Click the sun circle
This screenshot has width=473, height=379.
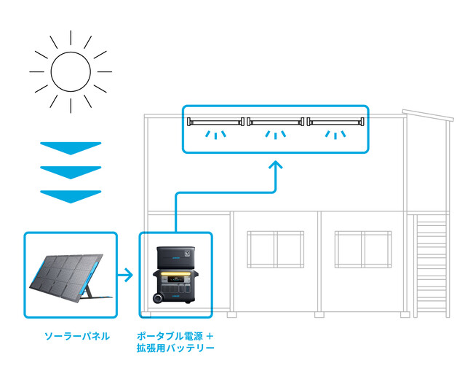coord(71,71)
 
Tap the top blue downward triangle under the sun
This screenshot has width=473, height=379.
coord(71,147)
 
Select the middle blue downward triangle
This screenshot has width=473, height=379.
coord(71,171)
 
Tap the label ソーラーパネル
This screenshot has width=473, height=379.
coord(76,336)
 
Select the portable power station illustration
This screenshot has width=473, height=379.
coord(175,276)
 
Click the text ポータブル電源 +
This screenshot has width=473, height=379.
coord(175,336)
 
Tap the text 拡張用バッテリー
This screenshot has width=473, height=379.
coord(175,349)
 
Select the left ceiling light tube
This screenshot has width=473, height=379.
coord(218,122)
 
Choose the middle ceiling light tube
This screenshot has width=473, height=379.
coord(276,122)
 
